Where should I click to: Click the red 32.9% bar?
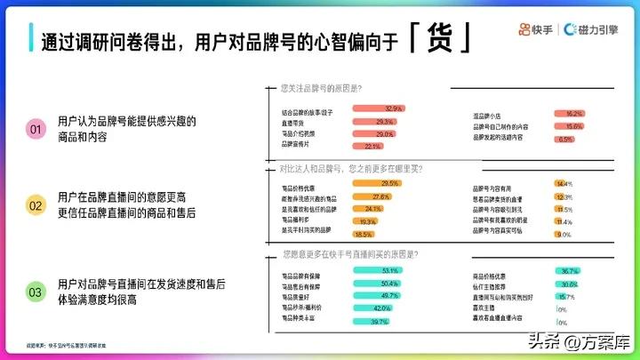379,108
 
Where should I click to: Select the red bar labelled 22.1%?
367,147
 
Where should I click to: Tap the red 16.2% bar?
567,114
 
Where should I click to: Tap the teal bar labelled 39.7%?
372,320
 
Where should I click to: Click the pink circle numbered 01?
36,130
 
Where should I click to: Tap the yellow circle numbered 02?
36,206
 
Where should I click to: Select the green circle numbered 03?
36,292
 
